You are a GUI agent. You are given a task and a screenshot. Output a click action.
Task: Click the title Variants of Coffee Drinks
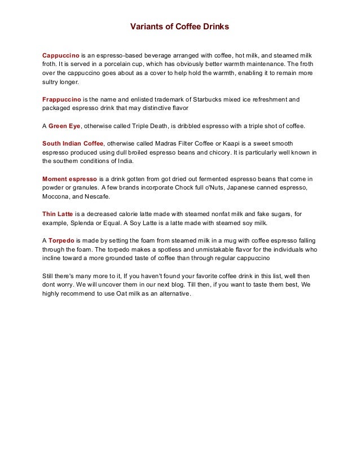pos(180,27)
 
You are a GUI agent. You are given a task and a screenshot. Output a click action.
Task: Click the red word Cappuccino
pos(60,56)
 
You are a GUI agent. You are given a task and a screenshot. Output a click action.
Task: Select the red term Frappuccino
pos(62,99)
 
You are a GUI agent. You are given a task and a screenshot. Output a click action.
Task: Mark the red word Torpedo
pos(61,240)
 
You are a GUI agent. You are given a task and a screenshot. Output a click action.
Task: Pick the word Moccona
pos(56,196)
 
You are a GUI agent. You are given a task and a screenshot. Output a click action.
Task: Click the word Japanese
pos(233,188)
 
